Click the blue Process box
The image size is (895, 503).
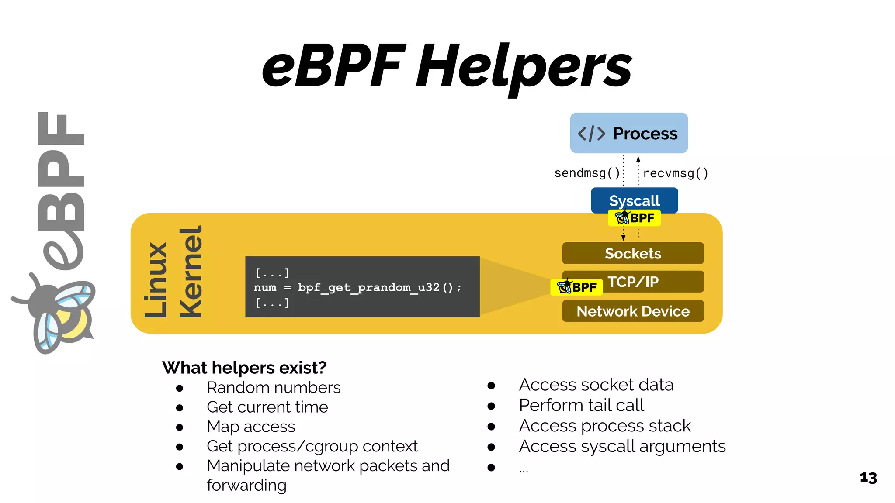coord(628,133)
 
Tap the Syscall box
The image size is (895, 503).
coord(634,200)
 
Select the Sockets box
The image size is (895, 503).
coord(632,253)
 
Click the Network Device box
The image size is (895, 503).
coord(632,311)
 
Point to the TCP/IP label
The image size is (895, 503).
coord(633,282)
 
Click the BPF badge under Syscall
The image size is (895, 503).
coord(634,217)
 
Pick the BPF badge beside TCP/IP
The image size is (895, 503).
coord(576,287)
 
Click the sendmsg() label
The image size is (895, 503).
coord(587,173)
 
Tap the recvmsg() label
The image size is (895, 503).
coord(675,173)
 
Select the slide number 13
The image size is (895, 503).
coord(868,478)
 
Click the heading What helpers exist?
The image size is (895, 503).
coord(244,368)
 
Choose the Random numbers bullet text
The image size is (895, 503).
coord(274,387)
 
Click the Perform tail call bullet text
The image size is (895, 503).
coord(581,405)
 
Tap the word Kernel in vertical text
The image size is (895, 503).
coord(191,272)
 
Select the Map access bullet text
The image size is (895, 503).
coord(251,426)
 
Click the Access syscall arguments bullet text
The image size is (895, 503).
coord(622,446)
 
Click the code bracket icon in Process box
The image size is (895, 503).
coord(591,133)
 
